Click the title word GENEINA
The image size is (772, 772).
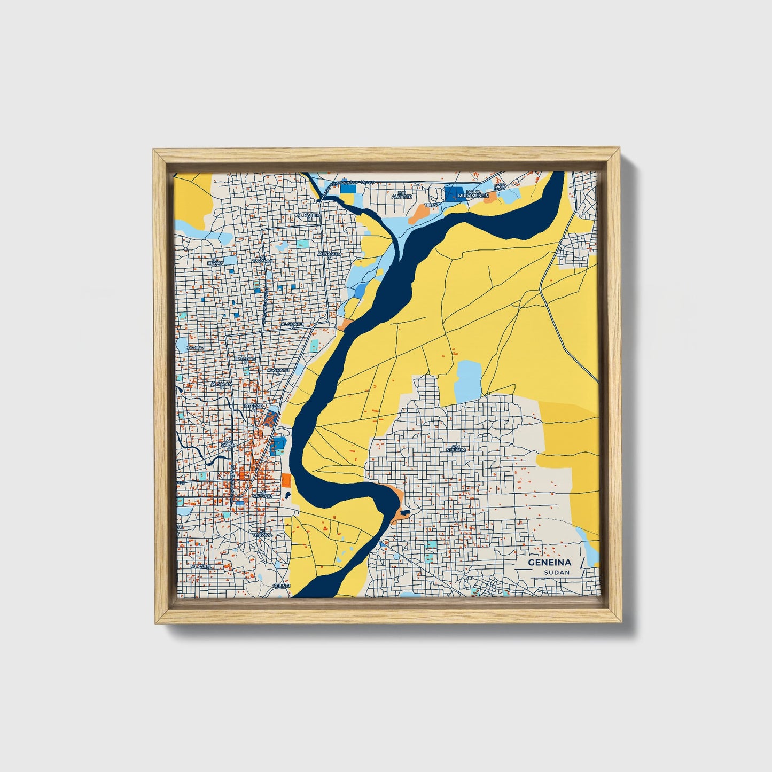point(549,563)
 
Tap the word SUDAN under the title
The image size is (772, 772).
point(557,572)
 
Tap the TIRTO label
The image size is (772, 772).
point(431,205)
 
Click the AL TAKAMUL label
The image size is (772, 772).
point(263,260)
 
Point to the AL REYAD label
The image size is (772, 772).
point(214,262)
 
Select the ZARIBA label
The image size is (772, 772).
point(194,348)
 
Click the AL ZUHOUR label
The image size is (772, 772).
point(262,494)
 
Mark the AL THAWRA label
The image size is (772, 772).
point(262,533)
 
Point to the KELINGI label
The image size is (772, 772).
point(280,586)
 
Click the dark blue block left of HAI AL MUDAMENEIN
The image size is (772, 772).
point(454,193)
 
